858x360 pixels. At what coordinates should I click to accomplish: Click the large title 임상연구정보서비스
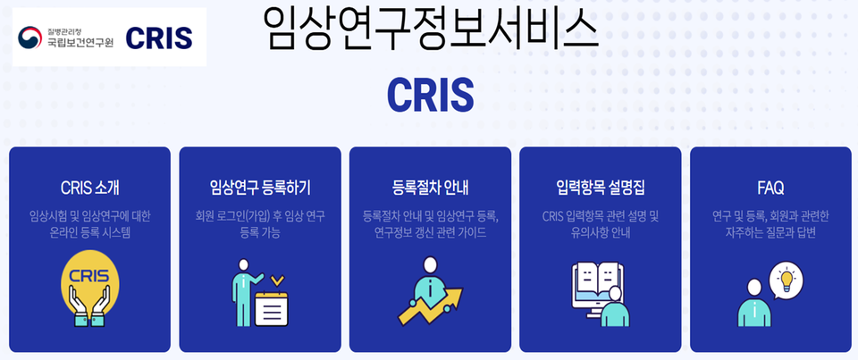point(429,29)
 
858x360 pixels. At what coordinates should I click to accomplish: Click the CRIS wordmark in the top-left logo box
point(159,38)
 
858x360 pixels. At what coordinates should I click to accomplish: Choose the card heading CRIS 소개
point(89,188)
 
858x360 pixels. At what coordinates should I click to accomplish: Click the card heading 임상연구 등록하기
point(259,188)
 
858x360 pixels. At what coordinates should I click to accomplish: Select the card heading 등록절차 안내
point(430,188)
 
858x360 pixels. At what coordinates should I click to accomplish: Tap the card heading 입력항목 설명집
point(600,188)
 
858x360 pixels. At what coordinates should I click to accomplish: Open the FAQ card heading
point(770,188)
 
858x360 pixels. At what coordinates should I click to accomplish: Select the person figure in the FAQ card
point(753,305)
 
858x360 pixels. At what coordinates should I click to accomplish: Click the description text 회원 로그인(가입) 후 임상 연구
point(259,216)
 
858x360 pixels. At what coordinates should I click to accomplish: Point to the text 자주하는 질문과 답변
point(770,233)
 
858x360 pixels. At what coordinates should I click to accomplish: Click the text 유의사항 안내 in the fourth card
point(600,233)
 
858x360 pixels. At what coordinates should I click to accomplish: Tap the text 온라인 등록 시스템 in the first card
point(89,233)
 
